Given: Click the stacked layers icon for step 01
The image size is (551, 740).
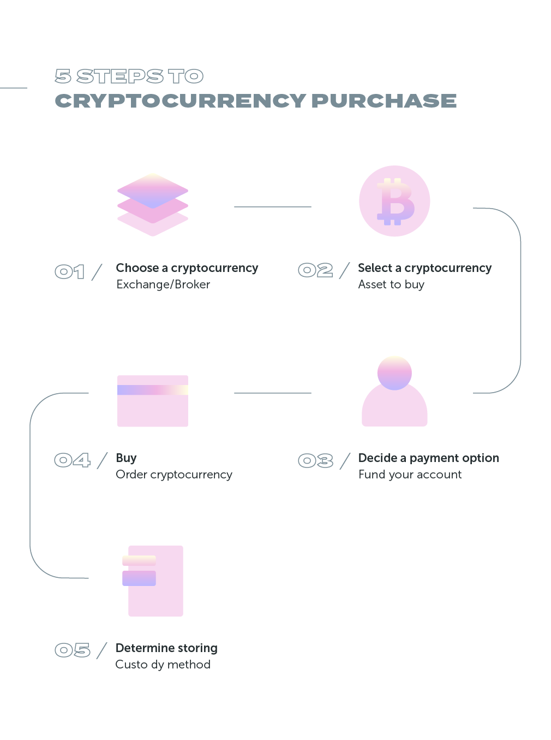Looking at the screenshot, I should (x=153, y=205).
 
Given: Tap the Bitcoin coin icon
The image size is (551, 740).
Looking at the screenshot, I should (x=394, y=201).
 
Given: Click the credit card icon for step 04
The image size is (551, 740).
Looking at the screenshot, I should (x=153, y=401).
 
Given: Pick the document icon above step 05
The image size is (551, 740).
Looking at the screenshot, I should (x=155, y=581).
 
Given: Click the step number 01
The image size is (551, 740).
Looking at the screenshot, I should (x=70, y=271).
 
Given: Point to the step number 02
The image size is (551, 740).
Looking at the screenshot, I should (x=315, y=270).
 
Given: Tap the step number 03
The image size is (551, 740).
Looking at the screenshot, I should (x=315, y=460).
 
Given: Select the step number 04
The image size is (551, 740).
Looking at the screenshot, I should (x=72, y=460).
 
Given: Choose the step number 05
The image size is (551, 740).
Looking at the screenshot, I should (x=72, y=650).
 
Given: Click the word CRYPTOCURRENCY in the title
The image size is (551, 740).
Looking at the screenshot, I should (x=180, y=101).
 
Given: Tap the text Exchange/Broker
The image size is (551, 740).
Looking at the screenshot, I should (x=163, y=285).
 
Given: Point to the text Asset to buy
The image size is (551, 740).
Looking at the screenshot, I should (x=391, y=285).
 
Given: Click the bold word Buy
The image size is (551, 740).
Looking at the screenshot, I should (x=126, y=458).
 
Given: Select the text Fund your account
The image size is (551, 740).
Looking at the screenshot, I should (x=410, y=475).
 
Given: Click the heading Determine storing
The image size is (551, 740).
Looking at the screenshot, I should (x=166, y=648).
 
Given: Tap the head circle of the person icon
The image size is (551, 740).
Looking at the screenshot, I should (x=394, y=373).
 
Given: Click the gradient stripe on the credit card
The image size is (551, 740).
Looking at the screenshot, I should (x=153, y=390).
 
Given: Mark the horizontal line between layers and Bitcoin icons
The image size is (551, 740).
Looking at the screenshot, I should (x=272, y=207).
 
